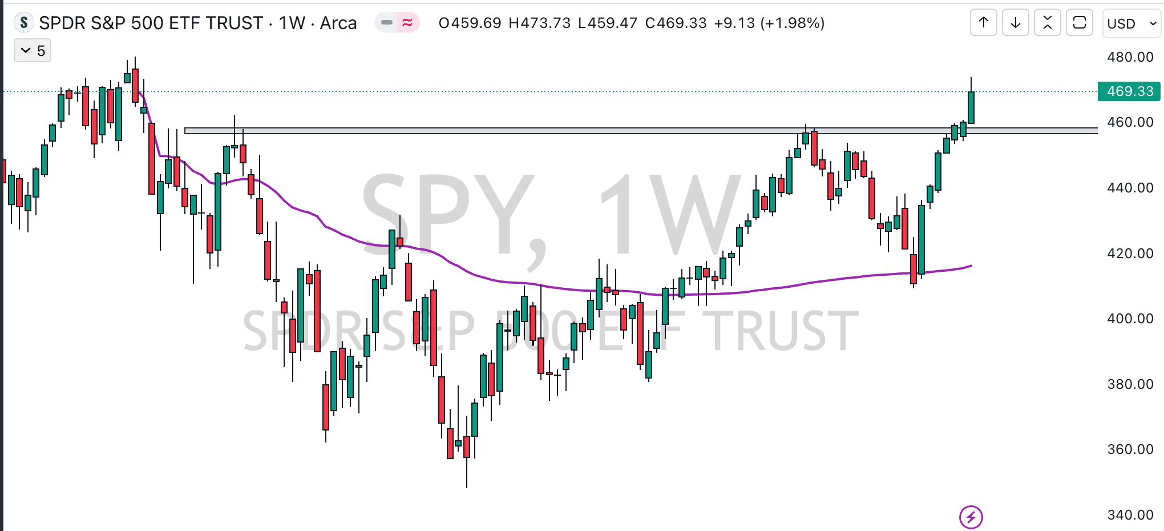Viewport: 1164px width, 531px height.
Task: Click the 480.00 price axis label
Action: click(x=1130, y=57)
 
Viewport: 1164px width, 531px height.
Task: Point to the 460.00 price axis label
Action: click(x=1130, y=122)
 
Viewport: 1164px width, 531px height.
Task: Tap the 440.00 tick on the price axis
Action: click(x=1130, y=188)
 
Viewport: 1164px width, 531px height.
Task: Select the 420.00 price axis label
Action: click(x=1130, y=254)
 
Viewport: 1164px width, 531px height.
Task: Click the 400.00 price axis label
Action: click(x=1130, y=319)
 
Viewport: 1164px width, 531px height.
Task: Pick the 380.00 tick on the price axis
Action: click(x=1130, y=384)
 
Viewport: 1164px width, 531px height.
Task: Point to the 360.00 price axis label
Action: click(x=1130, y=449)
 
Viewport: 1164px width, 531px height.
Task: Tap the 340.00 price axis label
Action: click(x=1130, y=515)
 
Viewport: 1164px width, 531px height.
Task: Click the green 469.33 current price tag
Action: click(x=1129, y=91)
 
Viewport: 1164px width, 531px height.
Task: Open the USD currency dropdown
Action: click(x=1131, y=23)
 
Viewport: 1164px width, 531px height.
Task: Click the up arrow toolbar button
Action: click(x=984, y=23)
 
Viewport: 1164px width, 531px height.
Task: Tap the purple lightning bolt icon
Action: click(x=971, y=517)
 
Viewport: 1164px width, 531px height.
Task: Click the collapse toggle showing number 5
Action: click(x=33, y=51)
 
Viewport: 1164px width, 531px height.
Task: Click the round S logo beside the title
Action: click(x=23, y=23)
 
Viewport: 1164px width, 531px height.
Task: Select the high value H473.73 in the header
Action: click(x=539, y=23)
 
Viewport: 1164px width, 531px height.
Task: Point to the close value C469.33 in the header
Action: click(x=676, y=23)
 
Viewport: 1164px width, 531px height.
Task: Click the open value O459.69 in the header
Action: click(x=470, y=23)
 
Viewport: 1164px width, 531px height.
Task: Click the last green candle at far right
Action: click(x=971, y=107)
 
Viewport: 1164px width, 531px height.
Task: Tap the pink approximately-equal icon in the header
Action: click(x=407, y=23)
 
